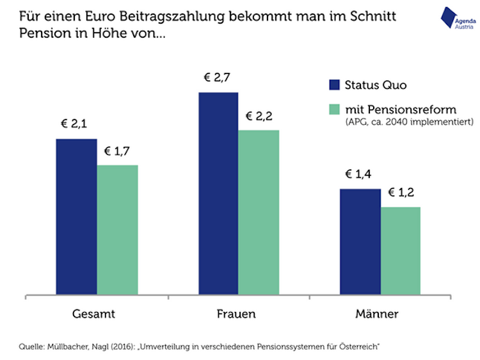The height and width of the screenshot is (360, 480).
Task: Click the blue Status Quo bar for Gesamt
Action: [76, 217]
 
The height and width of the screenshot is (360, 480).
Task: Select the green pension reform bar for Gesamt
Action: [117, 230]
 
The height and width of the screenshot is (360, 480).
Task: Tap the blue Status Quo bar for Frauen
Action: [218, 194]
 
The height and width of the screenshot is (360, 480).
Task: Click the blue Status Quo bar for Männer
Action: [360, 242]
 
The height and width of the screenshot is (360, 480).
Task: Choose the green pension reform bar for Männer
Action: [400, 251]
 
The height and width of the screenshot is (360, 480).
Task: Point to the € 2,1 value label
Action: [74, 124]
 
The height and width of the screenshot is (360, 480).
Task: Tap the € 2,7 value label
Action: [217, 78]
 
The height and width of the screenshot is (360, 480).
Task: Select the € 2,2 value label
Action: [259, 116]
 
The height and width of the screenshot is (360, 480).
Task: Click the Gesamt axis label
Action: [93, 315]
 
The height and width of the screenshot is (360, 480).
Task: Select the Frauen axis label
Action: [236, 315]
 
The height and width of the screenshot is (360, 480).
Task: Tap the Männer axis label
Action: [377, 314]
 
